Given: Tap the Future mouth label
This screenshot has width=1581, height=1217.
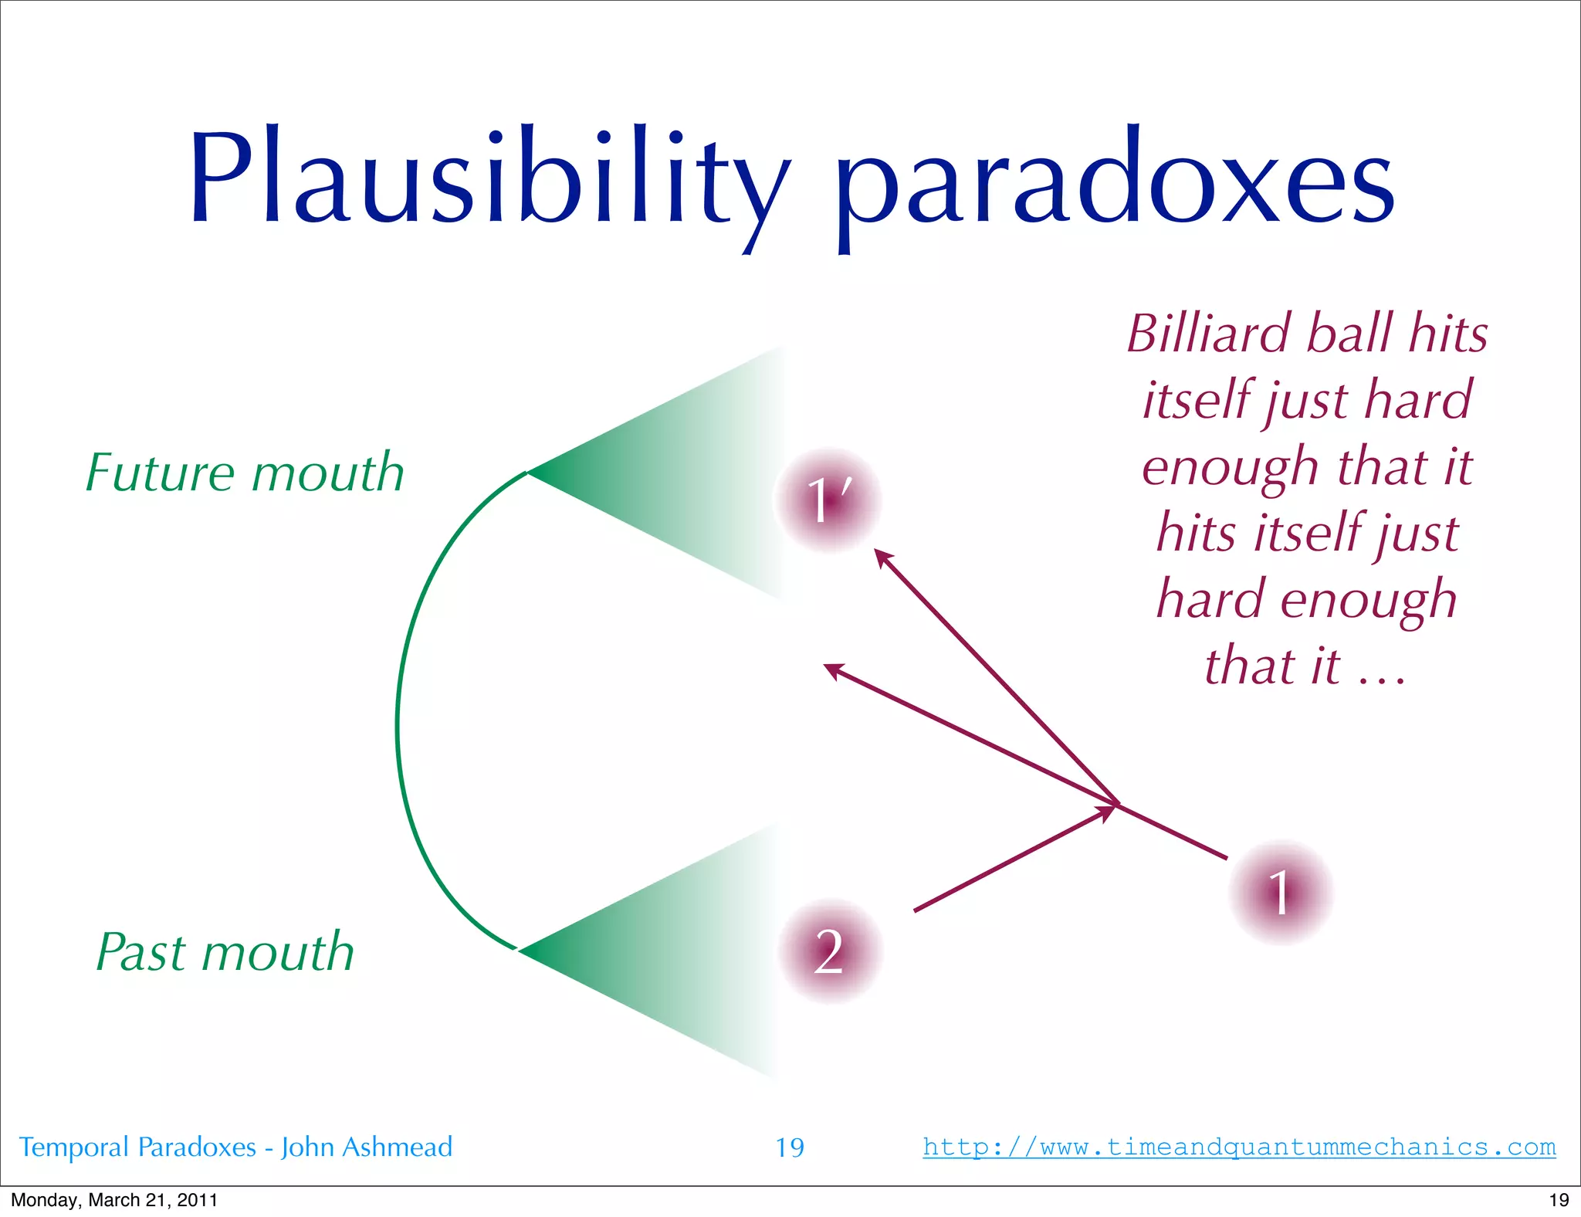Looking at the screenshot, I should pos(245,473).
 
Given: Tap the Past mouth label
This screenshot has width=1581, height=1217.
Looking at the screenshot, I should pos(225,951).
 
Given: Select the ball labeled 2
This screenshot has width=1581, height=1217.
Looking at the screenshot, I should pos(829,951).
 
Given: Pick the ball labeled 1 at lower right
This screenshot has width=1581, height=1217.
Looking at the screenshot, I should pos(1280,893).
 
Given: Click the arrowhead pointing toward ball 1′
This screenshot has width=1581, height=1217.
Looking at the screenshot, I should pos(882,557).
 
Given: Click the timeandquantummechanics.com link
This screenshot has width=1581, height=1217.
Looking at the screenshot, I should pos(1238,1147).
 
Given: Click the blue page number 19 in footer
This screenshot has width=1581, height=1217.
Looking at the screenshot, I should pos(789,1148).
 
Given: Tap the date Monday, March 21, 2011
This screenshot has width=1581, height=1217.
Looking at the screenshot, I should pos(114,1200).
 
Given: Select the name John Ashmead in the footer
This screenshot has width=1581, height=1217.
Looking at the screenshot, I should pos(366,1148).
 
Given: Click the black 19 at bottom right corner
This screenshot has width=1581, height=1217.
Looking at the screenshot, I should pos(1559,1200).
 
